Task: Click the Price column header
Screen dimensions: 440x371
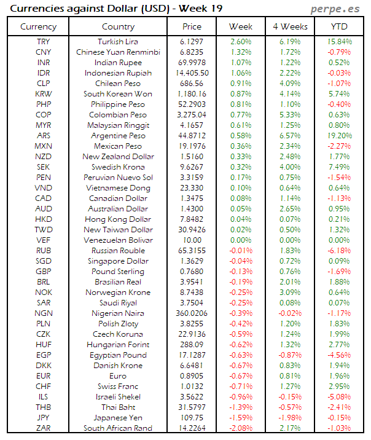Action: pyautogui.click(x=192, y=27)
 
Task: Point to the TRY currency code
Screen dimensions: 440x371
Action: pyautogui.click(x=44, y=42)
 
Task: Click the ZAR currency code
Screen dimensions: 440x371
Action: pyautogui.click(x=44, y=428)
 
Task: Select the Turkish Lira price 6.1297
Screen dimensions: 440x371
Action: pyautogui.click(x=192, y=42)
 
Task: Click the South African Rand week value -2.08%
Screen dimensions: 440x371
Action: pyautogui.click(x=241, y=428)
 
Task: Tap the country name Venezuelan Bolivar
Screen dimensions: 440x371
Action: pyautogui.click(x=118, y=240)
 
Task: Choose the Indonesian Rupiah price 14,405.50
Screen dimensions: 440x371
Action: pyautogui.click(x=192, y=73)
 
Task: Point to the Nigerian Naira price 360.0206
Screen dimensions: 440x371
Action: pyautogui.click(x=192, y=313)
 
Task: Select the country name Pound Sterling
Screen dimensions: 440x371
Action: pyautogui.click(x=118, y=272)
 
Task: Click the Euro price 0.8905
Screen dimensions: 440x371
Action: pyautogui.click(x=192, y=376)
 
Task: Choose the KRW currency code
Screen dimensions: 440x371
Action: pyautogui.click(x=44, y=94)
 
